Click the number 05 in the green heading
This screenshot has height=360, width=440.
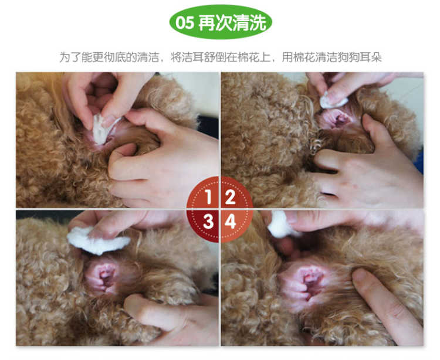click(x=184, y=22)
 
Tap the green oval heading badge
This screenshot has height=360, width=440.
click(x=221, y=22)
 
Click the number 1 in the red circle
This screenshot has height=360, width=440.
click(x=208, y=197)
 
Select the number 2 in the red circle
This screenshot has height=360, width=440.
click(x=230, y=197)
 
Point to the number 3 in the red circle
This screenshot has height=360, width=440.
click(x=208, y=222)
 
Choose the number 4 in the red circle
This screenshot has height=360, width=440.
click(x=231, y=222)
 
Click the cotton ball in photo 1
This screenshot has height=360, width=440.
click(x=102, y=128)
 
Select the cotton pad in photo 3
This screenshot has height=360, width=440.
click(x=97, y=241)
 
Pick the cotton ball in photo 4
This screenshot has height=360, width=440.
click(x=282, y=225)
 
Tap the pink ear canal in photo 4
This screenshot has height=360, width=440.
click(x=308, y=283)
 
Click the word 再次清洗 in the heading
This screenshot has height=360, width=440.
click(x=232, y=22)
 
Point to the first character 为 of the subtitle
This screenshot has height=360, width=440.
click(x=65, y=57)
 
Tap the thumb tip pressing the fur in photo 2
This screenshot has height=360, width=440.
click(x=368, y=121)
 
